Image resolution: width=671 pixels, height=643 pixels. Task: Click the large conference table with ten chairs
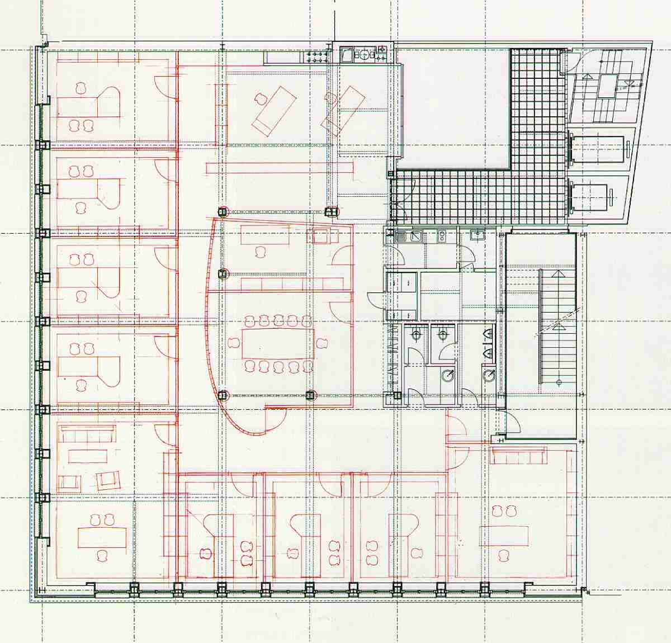click(x=277, y=344)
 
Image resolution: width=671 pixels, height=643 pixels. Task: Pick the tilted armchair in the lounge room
click(x=107, y=480)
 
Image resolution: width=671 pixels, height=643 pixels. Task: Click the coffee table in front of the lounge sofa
click(x=87, y=456)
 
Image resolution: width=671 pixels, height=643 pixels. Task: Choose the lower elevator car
click(x=594, y=196)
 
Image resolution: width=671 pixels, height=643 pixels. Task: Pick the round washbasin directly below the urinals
click(x=489, y=375)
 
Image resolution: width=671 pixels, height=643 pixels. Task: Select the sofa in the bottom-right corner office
click(x=517, y=456)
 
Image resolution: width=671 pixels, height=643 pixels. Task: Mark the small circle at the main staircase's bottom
click(x=559, y=382)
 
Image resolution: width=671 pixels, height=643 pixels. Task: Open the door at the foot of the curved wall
click(x=276, y=417)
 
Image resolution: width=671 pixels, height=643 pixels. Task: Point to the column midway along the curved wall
click(x=223, y=274)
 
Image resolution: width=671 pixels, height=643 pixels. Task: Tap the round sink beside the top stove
click(x=363, y=54)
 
